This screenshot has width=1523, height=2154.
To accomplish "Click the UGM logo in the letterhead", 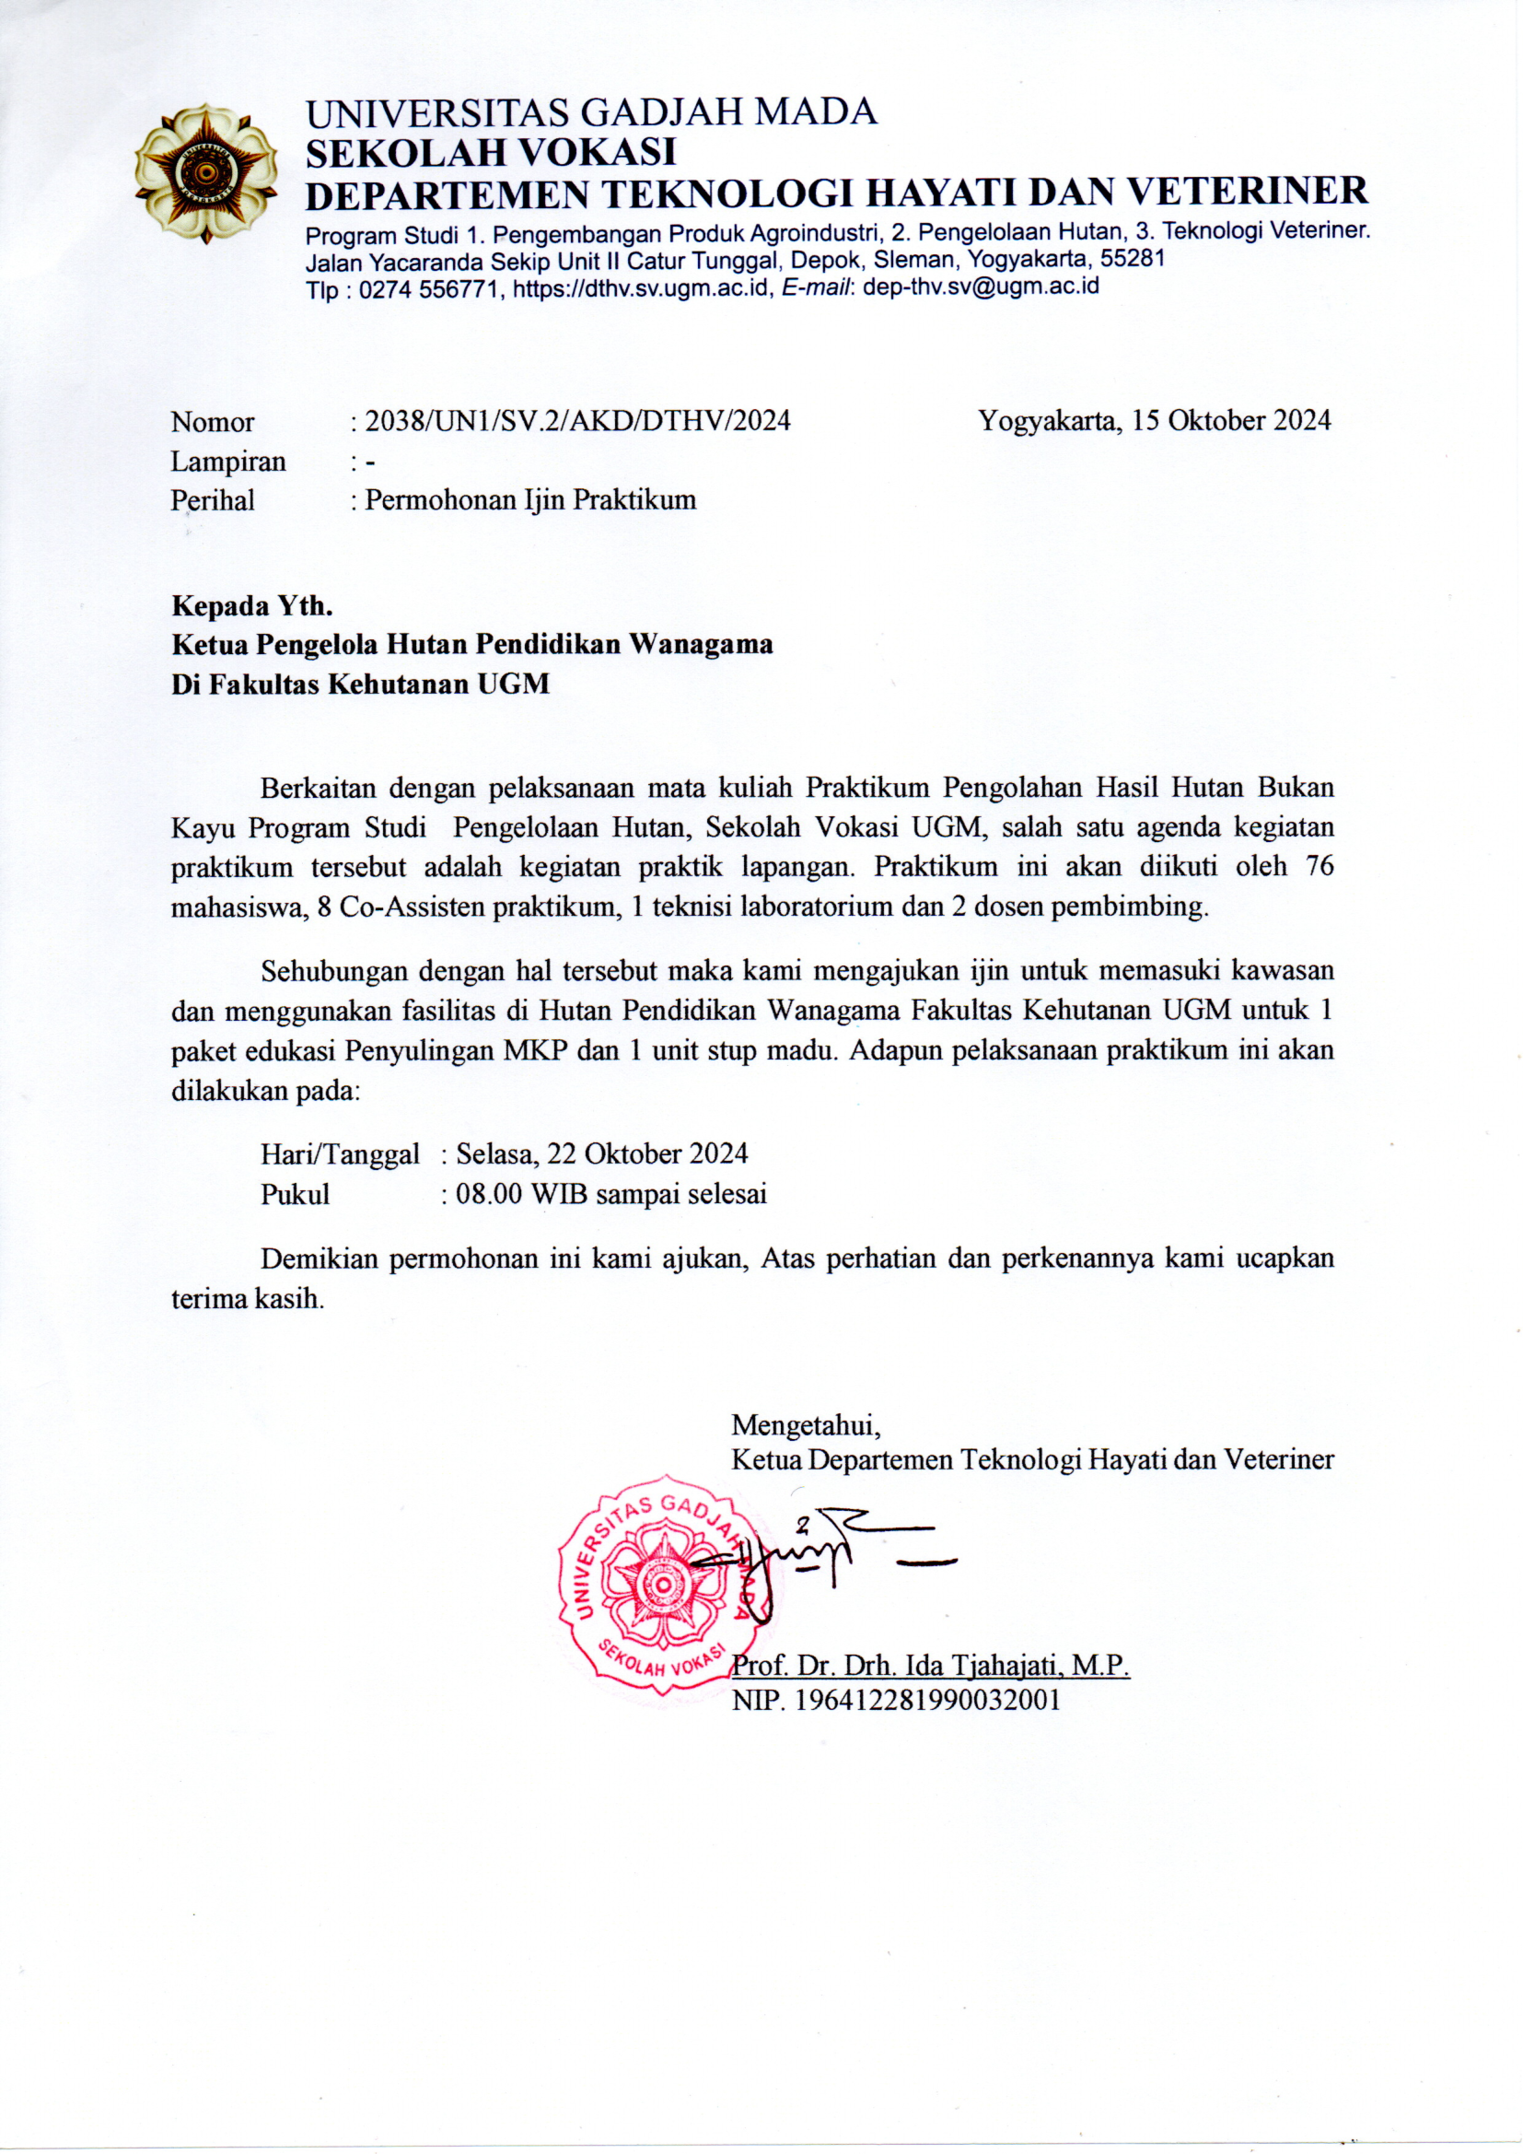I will pyautogui.click(x=206, y=172).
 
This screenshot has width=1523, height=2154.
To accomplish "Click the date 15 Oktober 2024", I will pyautogui.click(x=1230, y=420).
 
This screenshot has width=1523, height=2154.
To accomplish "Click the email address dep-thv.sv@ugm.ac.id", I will pyautogui.click(x=981, y=287).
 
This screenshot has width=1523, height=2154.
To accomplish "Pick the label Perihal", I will pyautogui.click(x=213, y=500).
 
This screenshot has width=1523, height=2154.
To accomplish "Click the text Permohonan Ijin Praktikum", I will pyautogui.click(x=530, y=499).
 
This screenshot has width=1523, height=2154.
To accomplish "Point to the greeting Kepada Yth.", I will pyautogui.click(x=252, y=605).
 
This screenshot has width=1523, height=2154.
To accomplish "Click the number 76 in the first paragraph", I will pyautogui.click(x=1320, y=866).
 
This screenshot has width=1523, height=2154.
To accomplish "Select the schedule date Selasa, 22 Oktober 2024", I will pyautogui.click(x=601, y=1153).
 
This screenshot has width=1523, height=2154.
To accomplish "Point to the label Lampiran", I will pyautogui.click(x=227, y=462).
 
